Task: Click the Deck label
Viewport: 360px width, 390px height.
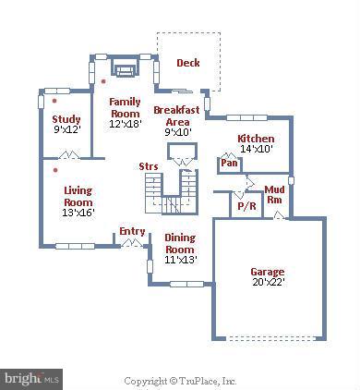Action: (x=188, y=63)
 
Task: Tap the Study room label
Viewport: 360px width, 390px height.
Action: (x=66, y=119)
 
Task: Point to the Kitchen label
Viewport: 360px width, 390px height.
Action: (x=256, y=139)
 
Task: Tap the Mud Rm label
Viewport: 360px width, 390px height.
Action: (x=274, y=194)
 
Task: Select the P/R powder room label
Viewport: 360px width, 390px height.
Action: (x=246, y=206)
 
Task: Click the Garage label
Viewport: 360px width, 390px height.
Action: (x=267, y=272)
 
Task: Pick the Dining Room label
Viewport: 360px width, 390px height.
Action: (x=179, y=243)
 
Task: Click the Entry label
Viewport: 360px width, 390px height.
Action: (x=132, y=230)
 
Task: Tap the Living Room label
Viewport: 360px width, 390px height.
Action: (x=78, y=196)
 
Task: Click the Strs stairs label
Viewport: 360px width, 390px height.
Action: (x=148, y=166)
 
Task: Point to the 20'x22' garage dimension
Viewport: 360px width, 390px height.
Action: (x=267, y=283)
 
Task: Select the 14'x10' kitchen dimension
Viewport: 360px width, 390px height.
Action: (x=256, y=149)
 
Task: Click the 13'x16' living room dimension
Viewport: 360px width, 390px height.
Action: (x=78, y=213)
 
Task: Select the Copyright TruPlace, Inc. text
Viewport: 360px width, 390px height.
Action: (x=181, y=380)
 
